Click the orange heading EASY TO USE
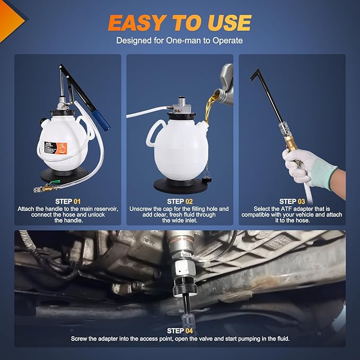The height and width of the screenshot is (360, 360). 179,23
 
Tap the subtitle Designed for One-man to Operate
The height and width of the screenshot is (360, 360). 179,40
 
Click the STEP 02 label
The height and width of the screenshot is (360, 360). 179,201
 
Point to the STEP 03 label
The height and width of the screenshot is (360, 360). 292,201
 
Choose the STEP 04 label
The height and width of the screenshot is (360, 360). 179,330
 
